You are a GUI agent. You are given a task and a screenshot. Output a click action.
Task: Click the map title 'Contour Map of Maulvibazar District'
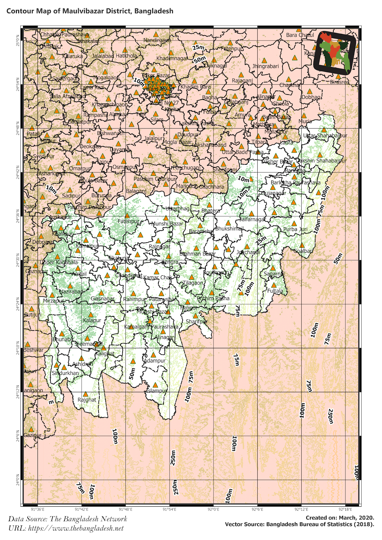coord(90,11)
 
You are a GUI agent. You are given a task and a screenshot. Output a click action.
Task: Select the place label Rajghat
coord(87,400)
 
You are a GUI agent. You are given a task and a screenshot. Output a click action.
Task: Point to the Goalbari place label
coord(303,251)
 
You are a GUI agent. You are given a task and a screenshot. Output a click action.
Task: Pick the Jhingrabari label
coord(265,66)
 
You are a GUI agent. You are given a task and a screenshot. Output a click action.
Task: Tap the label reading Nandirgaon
coord(157,40)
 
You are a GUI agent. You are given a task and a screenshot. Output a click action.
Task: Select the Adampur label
coord(155,361)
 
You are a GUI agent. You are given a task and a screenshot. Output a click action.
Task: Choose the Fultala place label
coord(275,291)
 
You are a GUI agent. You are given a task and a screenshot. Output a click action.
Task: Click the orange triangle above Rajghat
coord(85,394)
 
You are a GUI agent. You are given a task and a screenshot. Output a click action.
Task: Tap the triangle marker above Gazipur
coord(31,429)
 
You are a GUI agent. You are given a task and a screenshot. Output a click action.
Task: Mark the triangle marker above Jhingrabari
coord(264,60)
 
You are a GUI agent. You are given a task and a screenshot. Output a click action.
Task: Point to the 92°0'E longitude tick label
coord(213,510)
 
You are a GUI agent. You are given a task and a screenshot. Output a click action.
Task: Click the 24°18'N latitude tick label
coord(18,348)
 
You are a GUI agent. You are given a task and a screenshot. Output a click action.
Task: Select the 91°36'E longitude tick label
coord(37,510)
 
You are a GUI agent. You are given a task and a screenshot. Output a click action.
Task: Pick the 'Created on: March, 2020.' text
coord(340,518)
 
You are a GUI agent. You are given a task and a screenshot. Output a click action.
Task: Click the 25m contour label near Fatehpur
coord(198,48)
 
